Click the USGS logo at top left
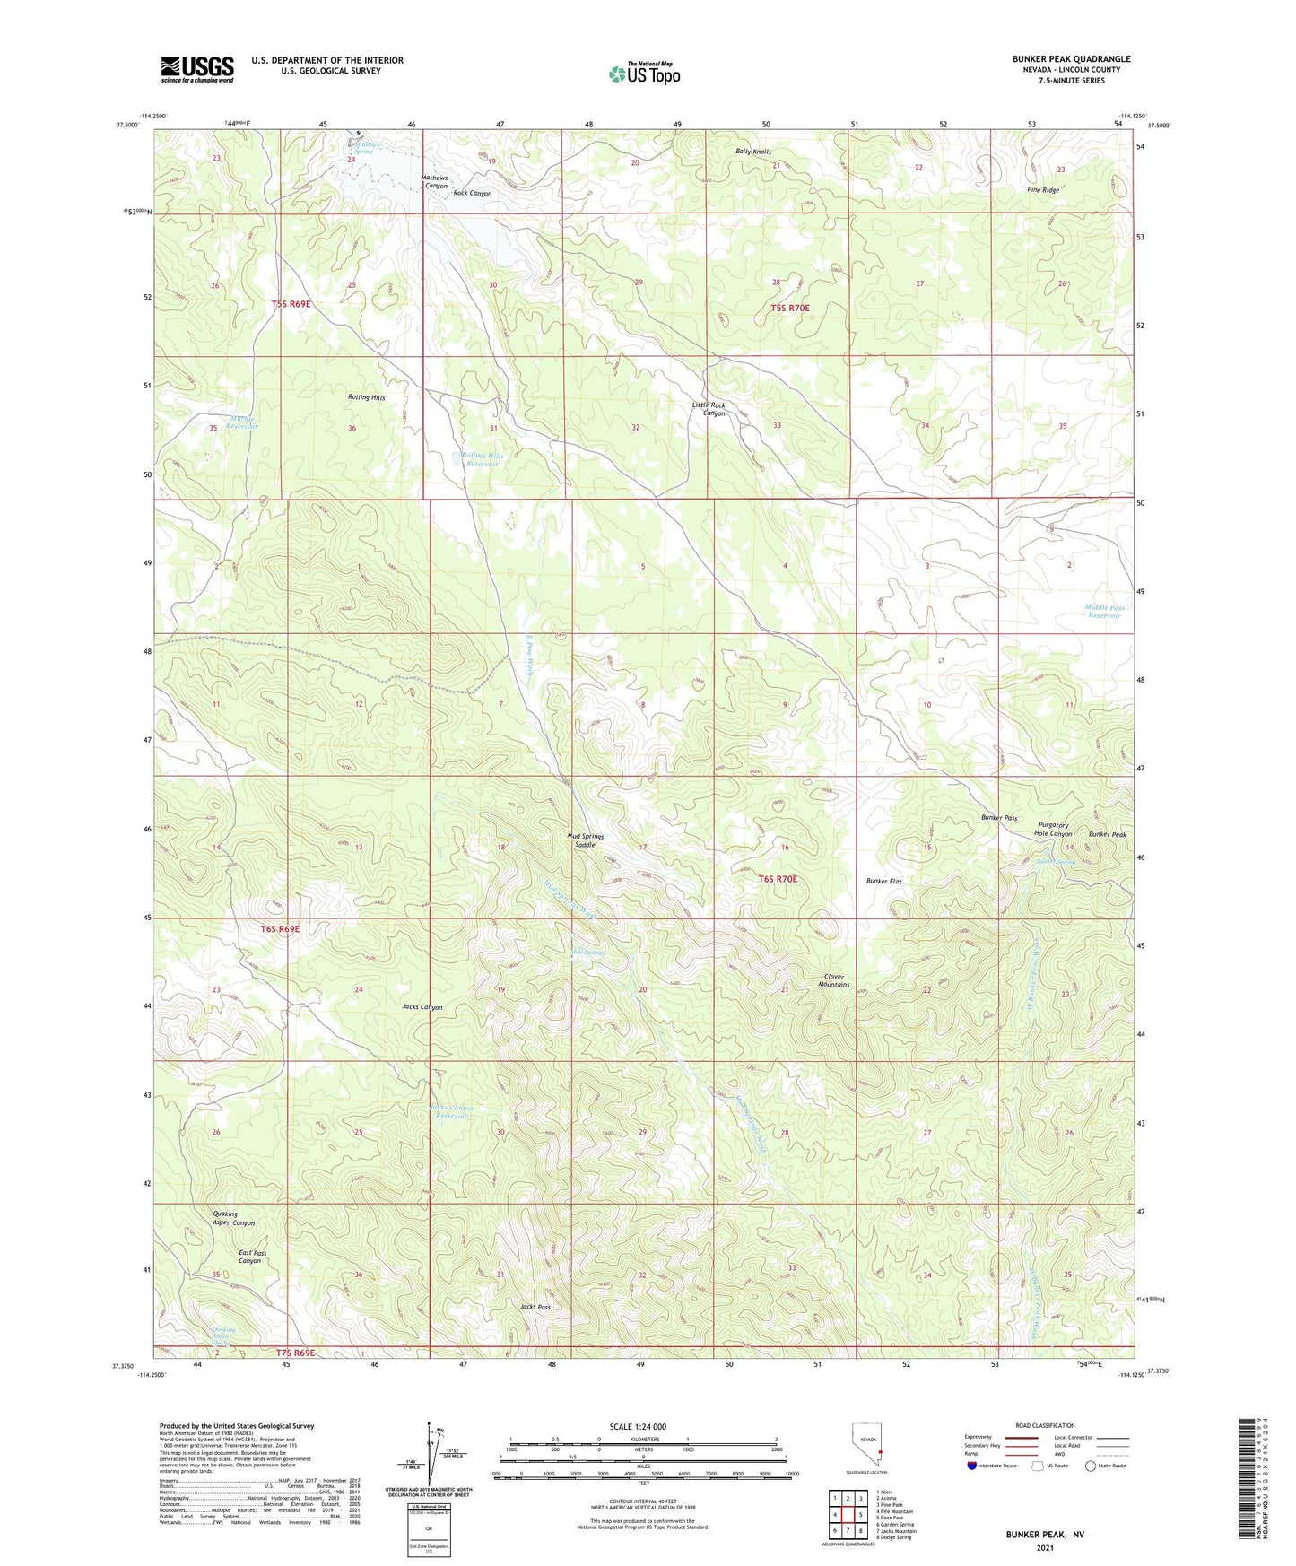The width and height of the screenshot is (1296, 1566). click(197, 69)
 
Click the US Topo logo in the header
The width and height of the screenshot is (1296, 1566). click(644, 74)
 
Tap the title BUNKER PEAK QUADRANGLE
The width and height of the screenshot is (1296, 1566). click(1071, 59)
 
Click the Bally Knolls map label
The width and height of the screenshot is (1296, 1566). click(752, 152)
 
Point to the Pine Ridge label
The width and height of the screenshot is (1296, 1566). click(1043, 190)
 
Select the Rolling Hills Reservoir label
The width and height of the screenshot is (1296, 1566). click(483, 460)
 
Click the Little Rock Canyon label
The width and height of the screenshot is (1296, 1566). click(709, 409)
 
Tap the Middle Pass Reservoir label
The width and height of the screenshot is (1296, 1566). click(1104, 612)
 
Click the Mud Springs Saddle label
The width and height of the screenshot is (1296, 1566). click(586, 840)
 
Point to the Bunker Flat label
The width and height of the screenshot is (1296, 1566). click(883, 882)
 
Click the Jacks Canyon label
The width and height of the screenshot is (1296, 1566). click(422, 1007)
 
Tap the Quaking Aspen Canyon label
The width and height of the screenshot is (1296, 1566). click(233, 1218)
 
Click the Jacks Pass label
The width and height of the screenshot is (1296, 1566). click(535, 1307)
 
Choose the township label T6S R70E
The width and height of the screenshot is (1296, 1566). click(777, 880)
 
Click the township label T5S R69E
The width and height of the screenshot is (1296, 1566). click(291, 304)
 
